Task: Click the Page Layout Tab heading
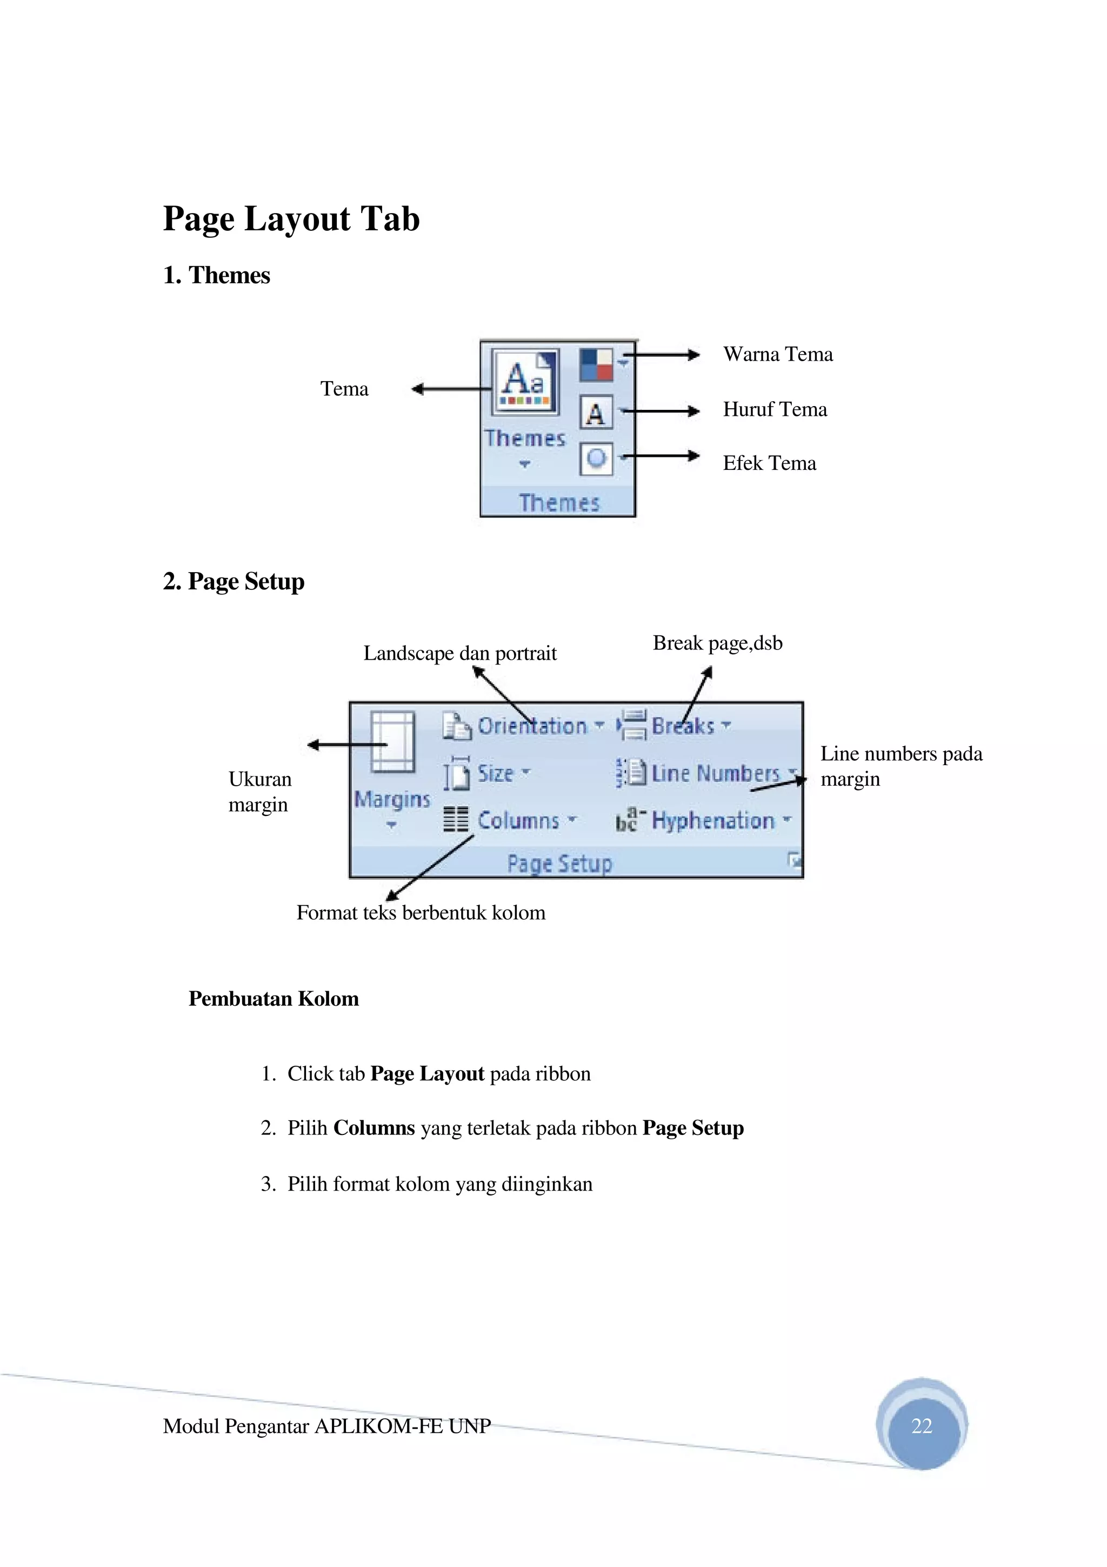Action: tap(291, 219)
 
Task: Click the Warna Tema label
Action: tap(778, 354)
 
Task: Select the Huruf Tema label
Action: tap(775, 409)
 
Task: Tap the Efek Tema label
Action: tap(769, 463)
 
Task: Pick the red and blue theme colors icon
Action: tap(596, 364)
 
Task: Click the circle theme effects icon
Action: tap(596, 458)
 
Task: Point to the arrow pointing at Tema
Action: tap(450, 389)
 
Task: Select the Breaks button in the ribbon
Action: tap(675, 726)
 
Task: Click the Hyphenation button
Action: tap(703, 820)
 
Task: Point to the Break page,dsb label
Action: tap(717, 643)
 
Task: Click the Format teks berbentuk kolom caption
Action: tap(421, 913)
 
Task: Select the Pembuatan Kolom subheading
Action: tap(274, 999)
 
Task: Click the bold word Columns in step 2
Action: tap(374, 1128)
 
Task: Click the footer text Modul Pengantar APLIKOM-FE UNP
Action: tap(326, 1426)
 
